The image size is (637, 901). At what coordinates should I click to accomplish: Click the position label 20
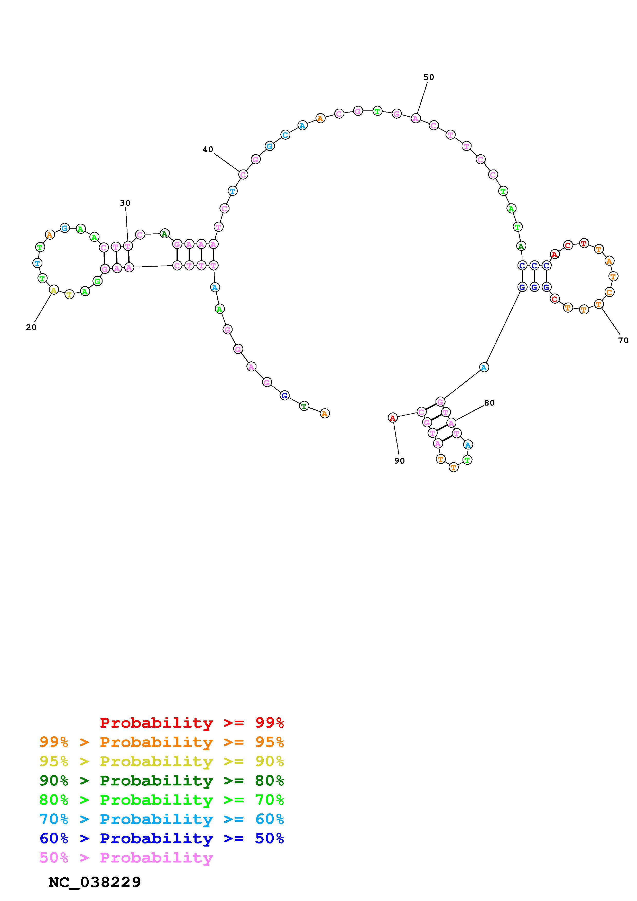(31, 327)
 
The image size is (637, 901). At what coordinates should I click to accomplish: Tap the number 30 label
(125, 203)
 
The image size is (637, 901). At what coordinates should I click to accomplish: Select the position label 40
(208, 149)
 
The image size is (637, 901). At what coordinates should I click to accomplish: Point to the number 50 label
(429, 77)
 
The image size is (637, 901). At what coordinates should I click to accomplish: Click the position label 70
(623, 341)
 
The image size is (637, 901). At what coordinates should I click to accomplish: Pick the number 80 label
(490, 403)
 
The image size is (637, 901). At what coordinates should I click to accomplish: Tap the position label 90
(400, 461)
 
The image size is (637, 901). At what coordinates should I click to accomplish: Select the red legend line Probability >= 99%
(192, 723)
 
